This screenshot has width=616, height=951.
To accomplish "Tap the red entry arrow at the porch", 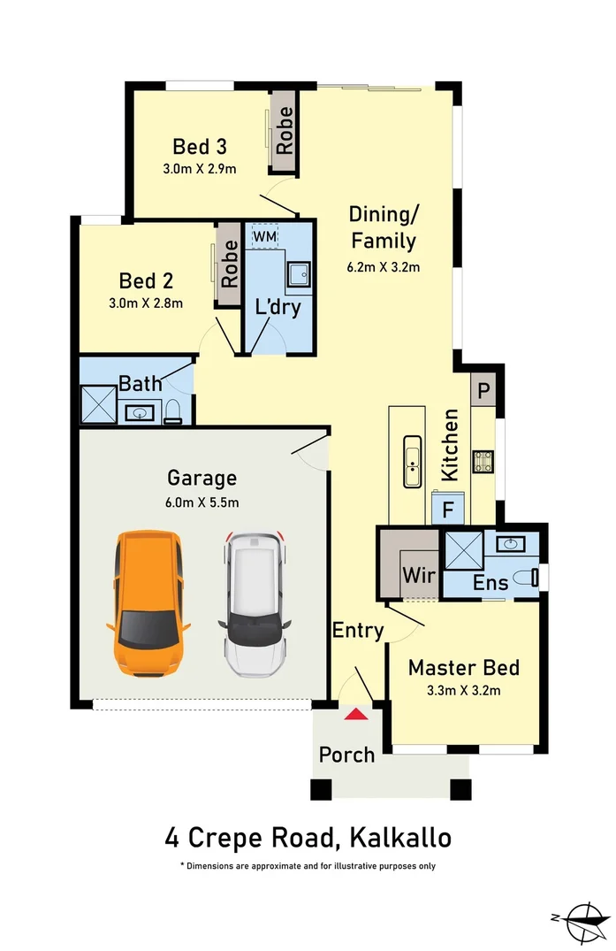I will pos(356,715).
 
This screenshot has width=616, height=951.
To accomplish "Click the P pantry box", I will pos(484,389).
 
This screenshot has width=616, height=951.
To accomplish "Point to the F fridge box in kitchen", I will pos(447,510).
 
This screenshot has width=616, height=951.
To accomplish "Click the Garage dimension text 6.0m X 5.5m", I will pos(202,502).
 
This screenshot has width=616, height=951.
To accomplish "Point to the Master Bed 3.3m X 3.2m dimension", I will pos(463,691).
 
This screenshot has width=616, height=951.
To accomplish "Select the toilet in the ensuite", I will pos(529,578).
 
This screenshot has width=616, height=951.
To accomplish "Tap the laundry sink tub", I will pos(300,275).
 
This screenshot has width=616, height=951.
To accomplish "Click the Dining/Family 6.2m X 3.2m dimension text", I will pos(384,266).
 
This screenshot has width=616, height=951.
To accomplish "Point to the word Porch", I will pos(346,755).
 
